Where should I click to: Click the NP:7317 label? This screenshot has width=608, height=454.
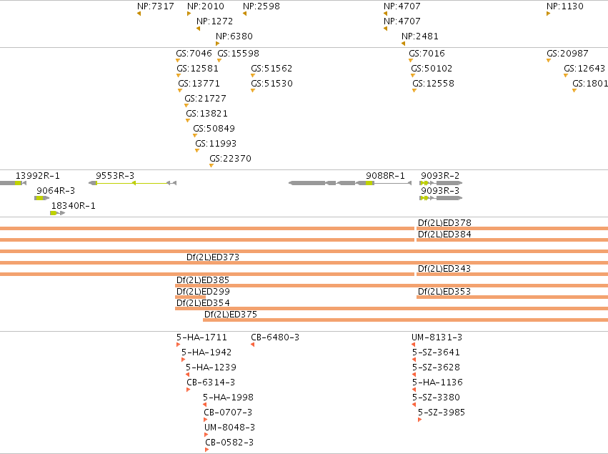pos(156,6)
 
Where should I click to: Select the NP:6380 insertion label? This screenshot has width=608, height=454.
pos(234,36)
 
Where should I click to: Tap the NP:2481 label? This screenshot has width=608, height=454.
pos(420,36)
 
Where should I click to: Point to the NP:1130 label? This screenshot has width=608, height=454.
pos(565,6)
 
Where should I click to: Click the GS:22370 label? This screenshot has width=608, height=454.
pos(230,158)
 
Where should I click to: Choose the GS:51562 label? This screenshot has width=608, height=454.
pos(271,69)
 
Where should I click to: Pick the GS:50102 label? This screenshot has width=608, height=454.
pos(432,69)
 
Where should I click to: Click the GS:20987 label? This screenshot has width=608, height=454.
pos(567,53)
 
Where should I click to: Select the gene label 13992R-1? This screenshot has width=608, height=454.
pos(38,175)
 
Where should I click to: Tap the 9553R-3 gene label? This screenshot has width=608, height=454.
pos(115,175)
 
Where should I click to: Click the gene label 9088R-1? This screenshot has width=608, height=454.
pos(385,175)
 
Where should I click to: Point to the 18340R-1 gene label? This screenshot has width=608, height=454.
pos(74,205)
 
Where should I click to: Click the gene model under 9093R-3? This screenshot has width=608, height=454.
pos(441,198)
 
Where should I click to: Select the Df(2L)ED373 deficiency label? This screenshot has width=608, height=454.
pos(213,257)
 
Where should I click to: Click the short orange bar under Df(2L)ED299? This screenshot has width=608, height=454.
pos(190,297)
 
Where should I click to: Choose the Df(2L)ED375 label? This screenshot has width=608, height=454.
pos(231,314)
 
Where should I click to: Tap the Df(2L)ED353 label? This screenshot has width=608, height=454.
pos(444,291)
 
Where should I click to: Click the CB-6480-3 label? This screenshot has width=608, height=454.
pos(275,337)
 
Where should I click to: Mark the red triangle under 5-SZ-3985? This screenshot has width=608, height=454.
pos(419,420)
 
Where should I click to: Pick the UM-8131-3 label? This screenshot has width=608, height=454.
pos(437,337)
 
